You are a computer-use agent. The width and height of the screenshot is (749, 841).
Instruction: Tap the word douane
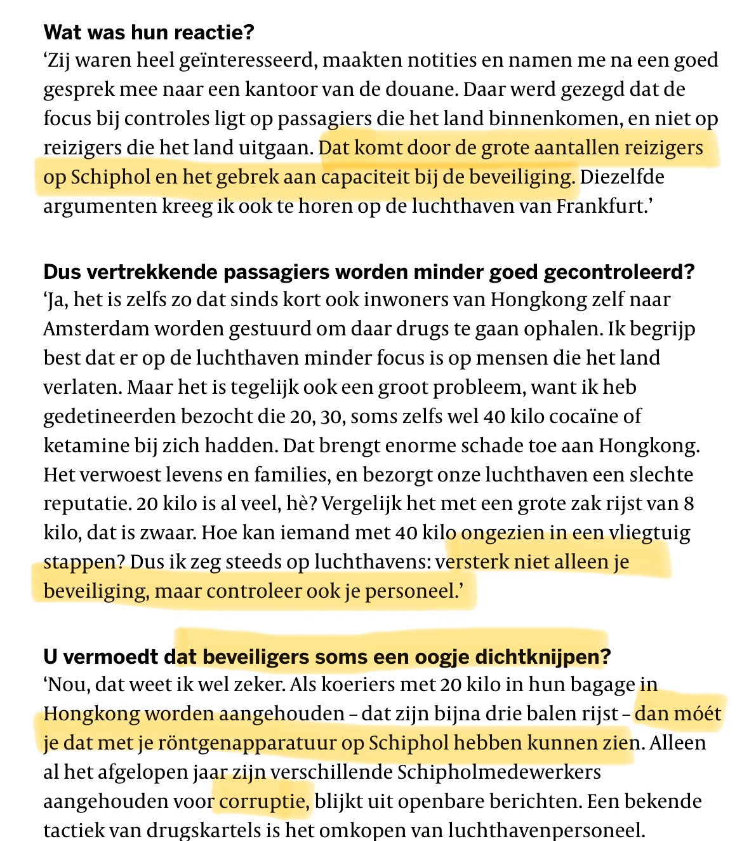[x=418, y=90]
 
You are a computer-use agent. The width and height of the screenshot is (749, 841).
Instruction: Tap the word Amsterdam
[x=95, y=328]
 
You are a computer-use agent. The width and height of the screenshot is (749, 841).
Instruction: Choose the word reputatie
[x=86, y=504]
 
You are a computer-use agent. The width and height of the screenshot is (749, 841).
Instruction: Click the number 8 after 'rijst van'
[x=689, y=504]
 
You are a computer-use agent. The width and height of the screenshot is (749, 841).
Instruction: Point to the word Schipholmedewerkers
[x=499, y=772]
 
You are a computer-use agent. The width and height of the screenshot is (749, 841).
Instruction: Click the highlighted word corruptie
[x=263, y=801]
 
